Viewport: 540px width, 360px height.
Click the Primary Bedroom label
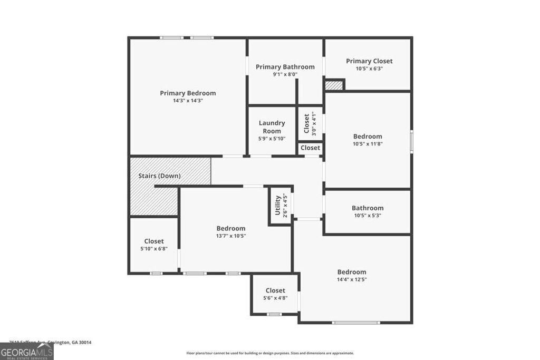pos(188,93)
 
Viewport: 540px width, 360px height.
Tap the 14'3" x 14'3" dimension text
pos(188,101)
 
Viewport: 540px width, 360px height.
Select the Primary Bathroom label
pos(285,67)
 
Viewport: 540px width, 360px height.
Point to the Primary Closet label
pos(369,61)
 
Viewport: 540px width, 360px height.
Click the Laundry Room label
pos(272,127)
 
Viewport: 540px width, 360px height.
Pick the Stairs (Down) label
pos(159,176)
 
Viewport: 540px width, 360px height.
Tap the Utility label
pos(277,206)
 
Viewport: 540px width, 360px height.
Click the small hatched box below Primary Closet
pos(333,85)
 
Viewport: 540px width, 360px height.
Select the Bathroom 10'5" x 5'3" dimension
pos(367,216)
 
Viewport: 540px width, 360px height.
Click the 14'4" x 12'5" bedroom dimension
pos(352,279)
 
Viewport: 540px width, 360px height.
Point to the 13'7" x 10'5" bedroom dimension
pos(231,236)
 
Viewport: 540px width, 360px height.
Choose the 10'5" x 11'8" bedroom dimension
pos(368,144)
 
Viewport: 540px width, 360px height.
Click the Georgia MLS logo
pos(27,352)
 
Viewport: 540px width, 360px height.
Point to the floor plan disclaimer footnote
pos(270,353)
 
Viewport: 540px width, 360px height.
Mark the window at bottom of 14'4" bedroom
pos(356,322)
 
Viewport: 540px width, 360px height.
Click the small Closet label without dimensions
pos(310,148)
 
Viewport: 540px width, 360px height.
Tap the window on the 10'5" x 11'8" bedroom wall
pos(411,141)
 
